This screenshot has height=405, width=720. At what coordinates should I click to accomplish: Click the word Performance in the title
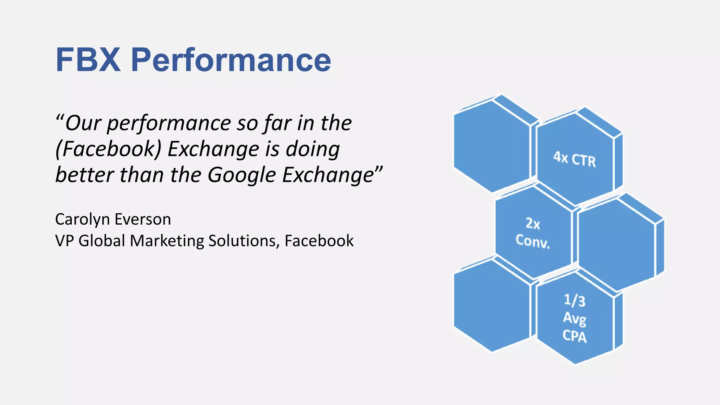[231, 60]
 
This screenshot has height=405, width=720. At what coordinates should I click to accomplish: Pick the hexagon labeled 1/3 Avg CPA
[574, 319]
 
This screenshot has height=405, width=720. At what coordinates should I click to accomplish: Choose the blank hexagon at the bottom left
[491, 305]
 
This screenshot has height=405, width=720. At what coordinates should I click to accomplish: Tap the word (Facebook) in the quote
[108, 149]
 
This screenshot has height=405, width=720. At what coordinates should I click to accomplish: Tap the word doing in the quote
[313, 149]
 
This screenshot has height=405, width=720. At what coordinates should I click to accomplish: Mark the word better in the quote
[84, 175]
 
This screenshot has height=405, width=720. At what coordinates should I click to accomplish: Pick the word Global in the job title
[102, 241]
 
